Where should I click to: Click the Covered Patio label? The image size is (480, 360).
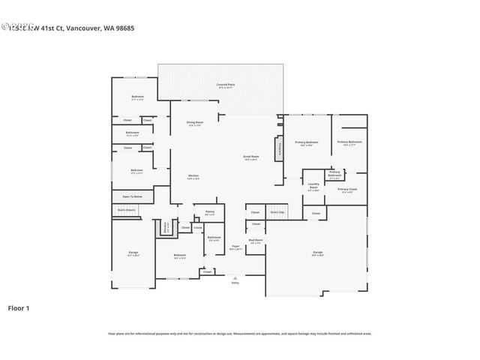point(226,85)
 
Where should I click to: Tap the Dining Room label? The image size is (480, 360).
point(195,123)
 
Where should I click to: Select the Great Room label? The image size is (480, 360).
point(250,157)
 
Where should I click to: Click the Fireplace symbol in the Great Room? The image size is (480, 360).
point(280,147)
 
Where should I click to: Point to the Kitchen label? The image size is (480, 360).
point(193,177)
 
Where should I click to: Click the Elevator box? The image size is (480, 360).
point(165,226)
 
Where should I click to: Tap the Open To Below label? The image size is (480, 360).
point(133,196)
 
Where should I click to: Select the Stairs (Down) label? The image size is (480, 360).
point(127,210)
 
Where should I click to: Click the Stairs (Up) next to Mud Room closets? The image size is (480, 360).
point(277,212)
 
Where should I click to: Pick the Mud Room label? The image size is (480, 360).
point(256,241)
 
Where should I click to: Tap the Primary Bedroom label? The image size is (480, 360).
point(307,142)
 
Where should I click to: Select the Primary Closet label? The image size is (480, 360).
point(346,190)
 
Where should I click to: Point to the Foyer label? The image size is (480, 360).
point(235,247)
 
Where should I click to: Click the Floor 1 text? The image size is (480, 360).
point(18,307)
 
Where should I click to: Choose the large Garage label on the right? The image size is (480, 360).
point(318,252)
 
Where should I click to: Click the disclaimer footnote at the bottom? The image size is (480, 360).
point(239,334)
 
